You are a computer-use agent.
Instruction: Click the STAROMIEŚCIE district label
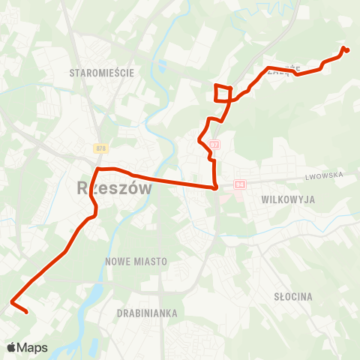(100, 73)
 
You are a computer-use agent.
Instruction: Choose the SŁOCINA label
(293, 296)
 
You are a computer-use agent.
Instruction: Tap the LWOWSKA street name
(324, 175)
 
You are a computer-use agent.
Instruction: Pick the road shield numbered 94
(240, 184)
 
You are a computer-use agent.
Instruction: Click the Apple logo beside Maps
(11, 347)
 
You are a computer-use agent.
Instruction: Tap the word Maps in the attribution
(32, 347)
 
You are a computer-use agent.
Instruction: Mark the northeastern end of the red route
(347, 51)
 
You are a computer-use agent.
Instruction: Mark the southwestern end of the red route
(26, 312)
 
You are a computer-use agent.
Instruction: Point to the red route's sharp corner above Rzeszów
(101, 169)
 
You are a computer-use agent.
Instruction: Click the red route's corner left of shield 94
(216, 187)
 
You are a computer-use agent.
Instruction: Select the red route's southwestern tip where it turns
(12, 303)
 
